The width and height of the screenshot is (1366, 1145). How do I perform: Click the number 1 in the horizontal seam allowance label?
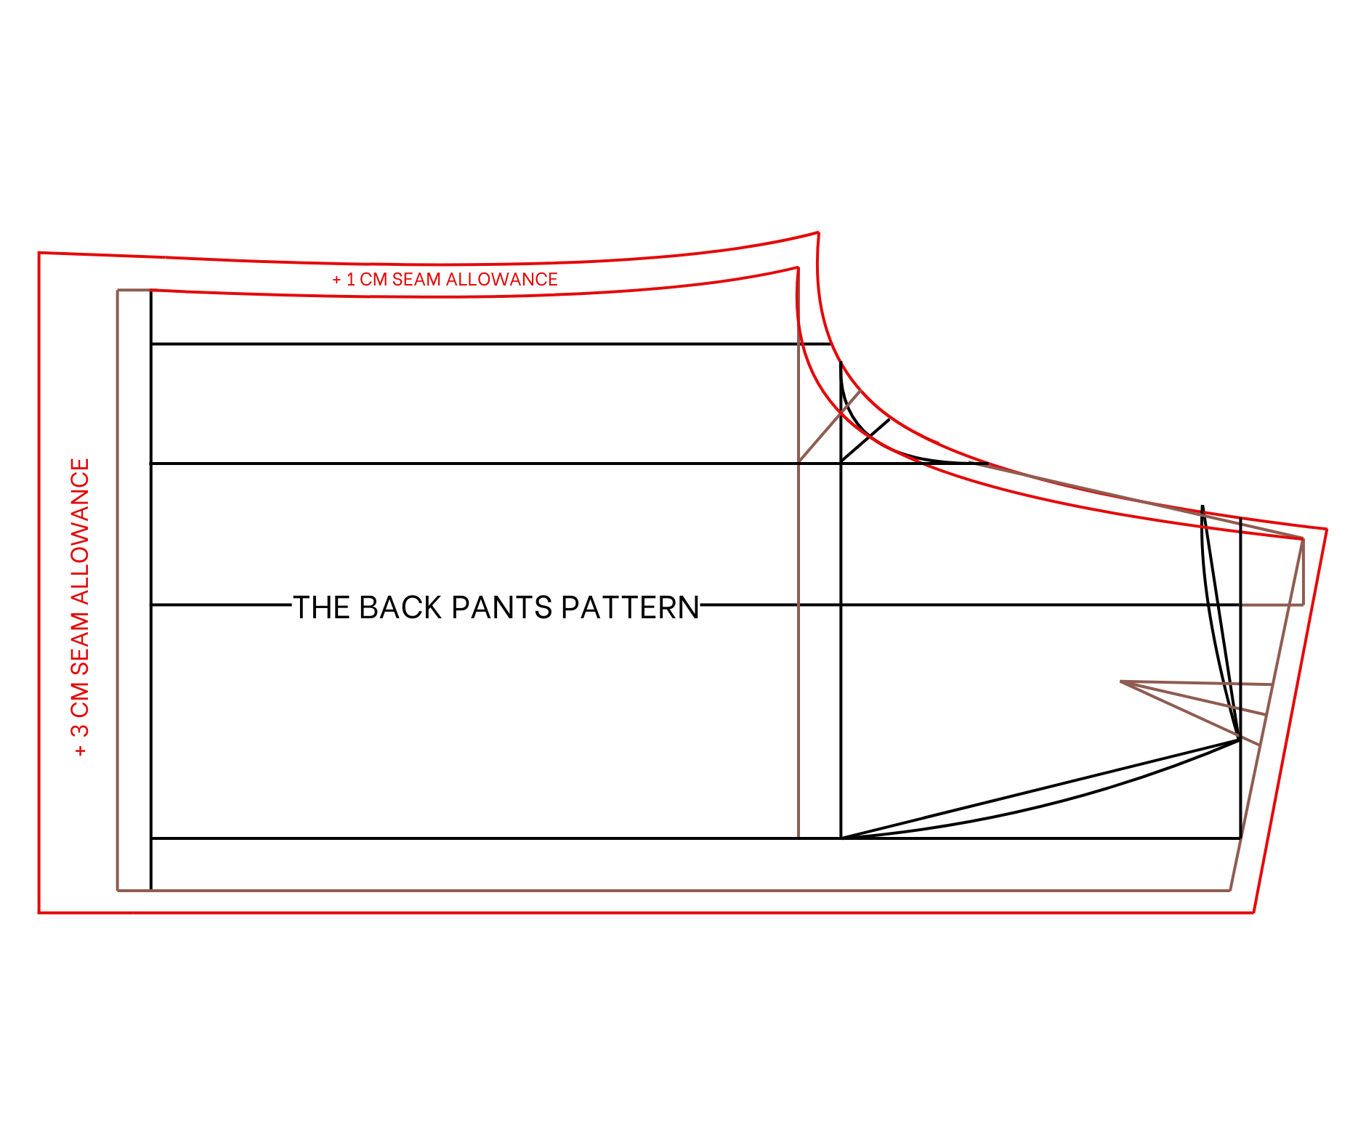(x=351, y=280)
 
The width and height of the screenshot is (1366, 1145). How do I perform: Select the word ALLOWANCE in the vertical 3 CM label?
(x=80, y=531)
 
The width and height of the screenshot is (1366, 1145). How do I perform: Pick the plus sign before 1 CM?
(x=336, y=280)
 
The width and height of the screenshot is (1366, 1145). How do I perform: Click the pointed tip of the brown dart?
(x=1121, y=681)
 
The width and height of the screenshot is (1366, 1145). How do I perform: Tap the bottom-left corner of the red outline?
(x=39, y=913)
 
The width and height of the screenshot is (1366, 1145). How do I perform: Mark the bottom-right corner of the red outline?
(x=1254, y=913)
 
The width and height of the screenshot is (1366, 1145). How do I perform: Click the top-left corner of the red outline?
(x=39, y=253)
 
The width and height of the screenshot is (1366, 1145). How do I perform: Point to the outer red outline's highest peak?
(x=818, y=232)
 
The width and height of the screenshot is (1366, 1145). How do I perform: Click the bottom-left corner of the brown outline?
(x=118, y=890)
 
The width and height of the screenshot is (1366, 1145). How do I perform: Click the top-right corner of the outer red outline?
(x=1327, y=529)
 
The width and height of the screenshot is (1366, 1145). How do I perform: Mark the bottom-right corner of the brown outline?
(x=1230, y=890)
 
